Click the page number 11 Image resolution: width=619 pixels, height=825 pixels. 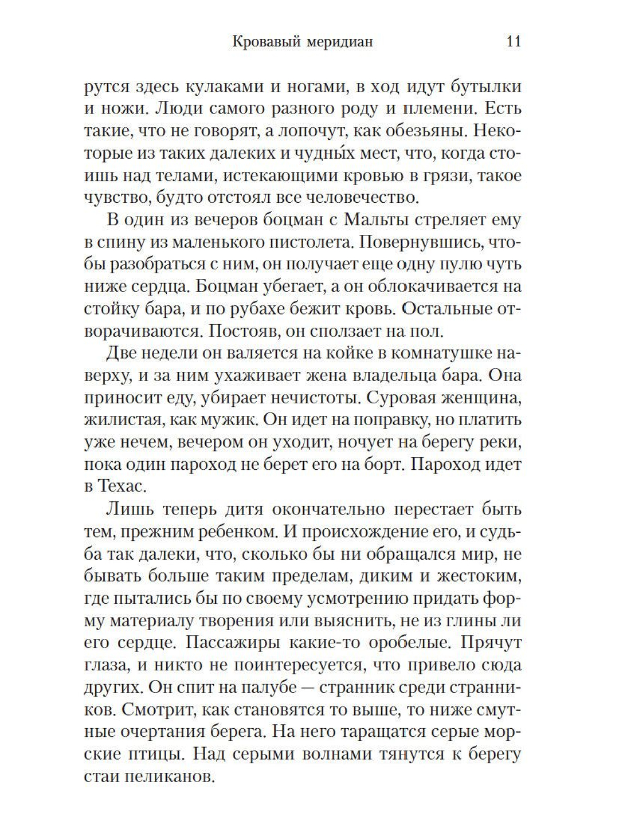pos(514,42)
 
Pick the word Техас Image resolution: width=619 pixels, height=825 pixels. pos(120,486)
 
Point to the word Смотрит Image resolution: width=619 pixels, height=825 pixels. pos(151,710)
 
